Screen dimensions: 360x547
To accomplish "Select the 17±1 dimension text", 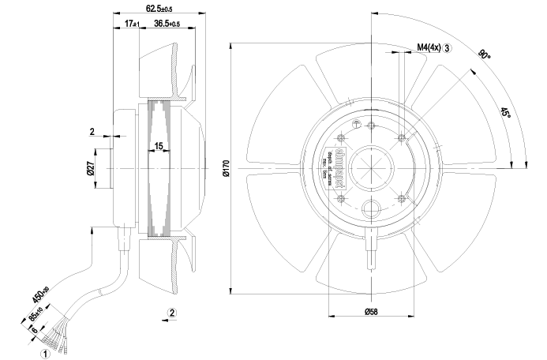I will tap(132, 24).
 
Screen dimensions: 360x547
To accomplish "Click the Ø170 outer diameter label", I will tap(225, 168).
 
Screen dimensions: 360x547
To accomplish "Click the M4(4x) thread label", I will tap(429, 48).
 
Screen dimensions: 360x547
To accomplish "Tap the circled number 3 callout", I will tap(448, 48).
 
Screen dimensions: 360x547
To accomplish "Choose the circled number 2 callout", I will tap(173, 313).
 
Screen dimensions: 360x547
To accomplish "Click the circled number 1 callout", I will tap(47, 354).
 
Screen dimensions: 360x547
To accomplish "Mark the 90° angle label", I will tap(483, 56).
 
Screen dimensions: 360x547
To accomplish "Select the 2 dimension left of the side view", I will tap(92, 131).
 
